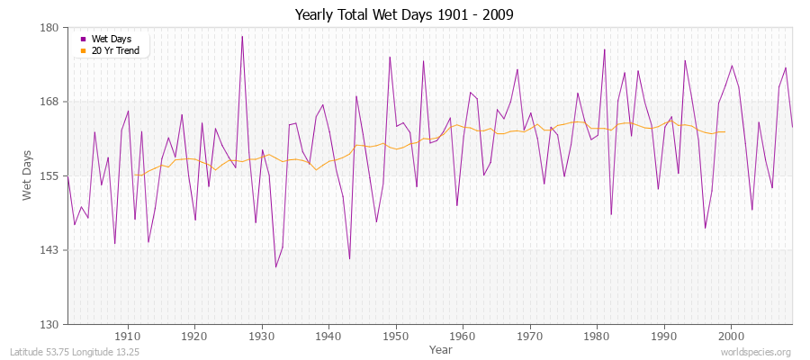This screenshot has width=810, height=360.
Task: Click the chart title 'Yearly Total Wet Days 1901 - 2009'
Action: (x=404, y=15)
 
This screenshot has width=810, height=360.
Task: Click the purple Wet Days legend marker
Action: (x=85, y=39)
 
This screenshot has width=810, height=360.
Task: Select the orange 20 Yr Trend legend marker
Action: (x=85, y=50)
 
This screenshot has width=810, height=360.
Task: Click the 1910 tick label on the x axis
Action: (x=128, y=336)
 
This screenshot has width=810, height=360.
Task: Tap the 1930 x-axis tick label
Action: (x=262, y=336)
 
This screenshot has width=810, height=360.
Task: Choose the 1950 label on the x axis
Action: (x=396, y=336)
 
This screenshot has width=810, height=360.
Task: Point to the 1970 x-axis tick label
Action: (x=530, y=336)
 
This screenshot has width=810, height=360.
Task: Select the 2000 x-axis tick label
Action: (x=731, y=336)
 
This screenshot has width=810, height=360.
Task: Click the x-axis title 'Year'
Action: (x=441, y=348)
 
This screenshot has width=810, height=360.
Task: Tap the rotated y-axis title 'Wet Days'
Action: (x=27, y=175)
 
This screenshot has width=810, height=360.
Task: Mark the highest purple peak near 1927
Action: (x=242, y=37)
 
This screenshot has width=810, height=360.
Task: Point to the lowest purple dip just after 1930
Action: (x=275, y=266)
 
